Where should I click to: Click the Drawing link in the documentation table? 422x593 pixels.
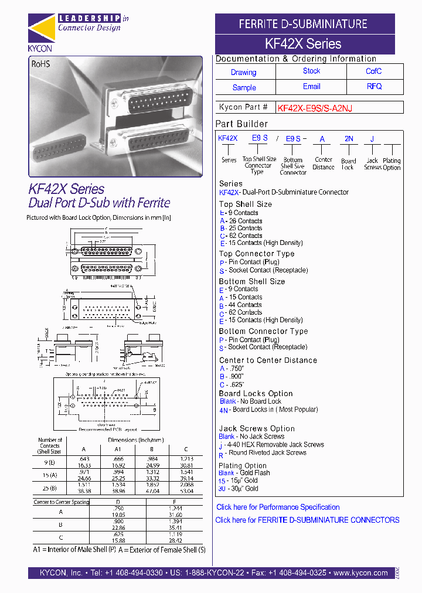[x=243, y=73]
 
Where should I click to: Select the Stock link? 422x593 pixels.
[x=311, y=71]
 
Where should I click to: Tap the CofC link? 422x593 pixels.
[x=373, y=71]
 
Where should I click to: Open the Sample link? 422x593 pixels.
[x=244, y=88]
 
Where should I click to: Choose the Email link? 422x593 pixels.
[x=311, y=86]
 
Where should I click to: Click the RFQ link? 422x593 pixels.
[x=374, y=86]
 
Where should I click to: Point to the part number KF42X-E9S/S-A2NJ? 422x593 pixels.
[x=315, y=108]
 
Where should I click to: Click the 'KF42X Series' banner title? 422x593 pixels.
[x=303, y=43]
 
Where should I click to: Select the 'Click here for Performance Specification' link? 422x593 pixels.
[x=278, y=507]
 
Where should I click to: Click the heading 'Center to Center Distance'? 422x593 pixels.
[x=268, y=360]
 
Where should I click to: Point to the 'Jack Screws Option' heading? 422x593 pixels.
[x=257, y=429]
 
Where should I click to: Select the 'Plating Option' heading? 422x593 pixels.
[x=243, y=466]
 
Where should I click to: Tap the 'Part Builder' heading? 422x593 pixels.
[x=241, y=124]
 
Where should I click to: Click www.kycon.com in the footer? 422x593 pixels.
[x=360, y=573]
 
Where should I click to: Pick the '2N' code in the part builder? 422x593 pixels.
[x=349, y=139]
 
